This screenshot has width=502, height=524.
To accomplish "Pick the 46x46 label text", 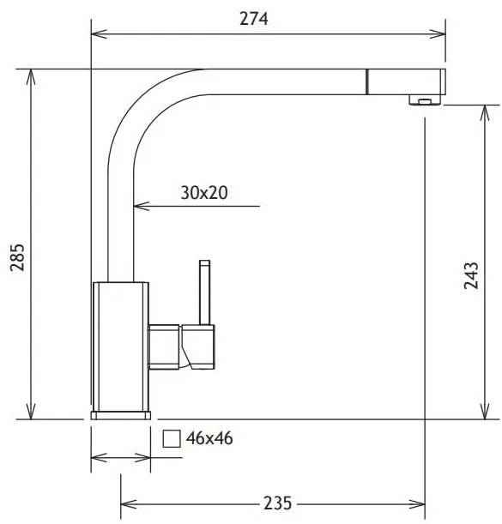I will click(x=209, y=438).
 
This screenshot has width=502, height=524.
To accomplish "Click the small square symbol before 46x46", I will click(x=172, y=439).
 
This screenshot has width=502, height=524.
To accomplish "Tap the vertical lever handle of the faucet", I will click(x=204, y=292).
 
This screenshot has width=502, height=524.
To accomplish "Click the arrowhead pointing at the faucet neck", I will click(x=140, y=207).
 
